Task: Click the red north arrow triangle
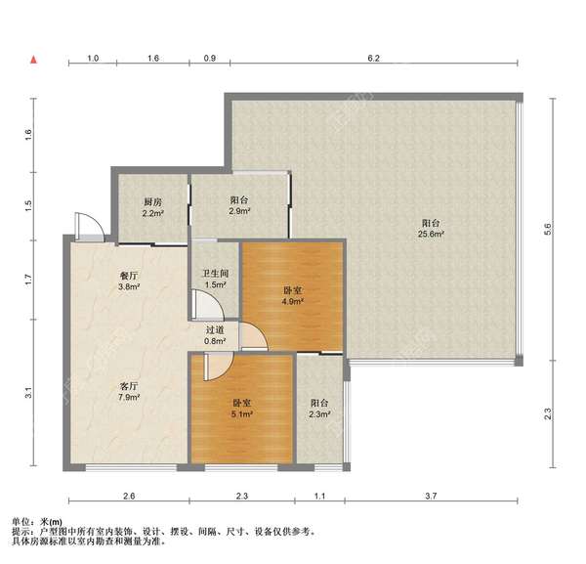(33, 60)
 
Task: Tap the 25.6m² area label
(431, 235)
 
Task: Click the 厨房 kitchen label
(153, 202)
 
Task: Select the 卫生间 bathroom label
(215, 274)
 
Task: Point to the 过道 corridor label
(215, 329)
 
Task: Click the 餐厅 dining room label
(129, 276)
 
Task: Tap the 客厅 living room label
(129, 386)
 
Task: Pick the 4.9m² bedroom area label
(293, 301)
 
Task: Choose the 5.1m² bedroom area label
(242, 414)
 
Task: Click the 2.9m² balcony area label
(239, 211)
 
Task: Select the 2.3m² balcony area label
(319, 414)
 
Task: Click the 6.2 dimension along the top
(374, 58)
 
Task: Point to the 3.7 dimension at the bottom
(431, 496)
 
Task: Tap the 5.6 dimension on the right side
(548, 229)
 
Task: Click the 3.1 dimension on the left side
(28, 393)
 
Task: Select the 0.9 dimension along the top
(210, 58)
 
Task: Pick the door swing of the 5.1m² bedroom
(227, 372)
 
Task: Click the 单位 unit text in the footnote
(21, 522)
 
